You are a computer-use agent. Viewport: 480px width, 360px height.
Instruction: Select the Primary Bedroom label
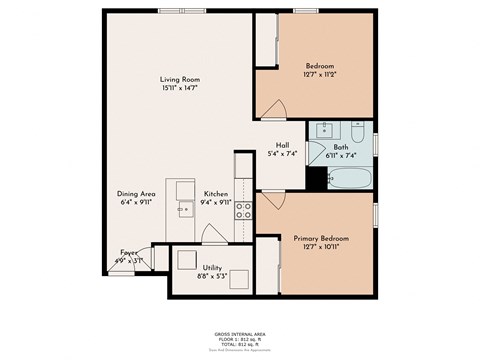click(x=321, y=239)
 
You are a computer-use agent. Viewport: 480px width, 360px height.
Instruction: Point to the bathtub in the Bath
click(x=351, y=180)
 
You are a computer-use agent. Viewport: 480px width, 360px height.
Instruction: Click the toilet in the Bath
click(x=357, y=131)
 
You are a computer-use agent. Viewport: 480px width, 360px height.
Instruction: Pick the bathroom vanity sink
click(x=325, y=130)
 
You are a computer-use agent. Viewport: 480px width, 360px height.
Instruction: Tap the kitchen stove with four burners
click(x=242, y=211)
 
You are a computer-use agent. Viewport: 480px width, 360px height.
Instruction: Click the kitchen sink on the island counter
click(x=184, y=209)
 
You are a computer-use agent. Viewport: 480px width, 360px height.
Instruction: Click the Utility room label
click(x=212, y=268)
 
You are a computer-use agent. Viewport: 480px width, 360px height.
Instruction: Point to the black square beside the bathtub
click(x=317, y=179)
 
